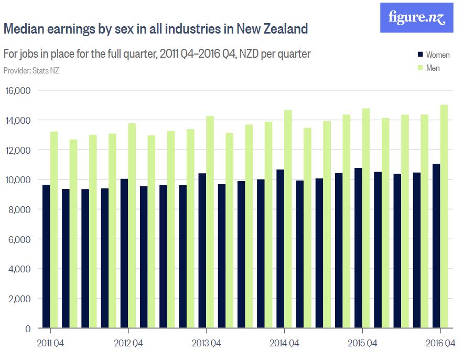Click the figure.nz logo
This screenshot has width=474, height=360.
[x=416, y=18]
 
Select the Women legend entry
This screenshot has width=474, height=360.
[x=437, y=55]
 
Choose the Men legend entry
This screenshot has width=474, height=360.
[x=433, y=68]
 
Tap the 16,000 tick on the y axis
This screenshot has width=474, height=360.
[x=18, y=91]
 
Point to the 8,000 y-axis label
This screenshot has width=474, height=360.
[x=20, y=210]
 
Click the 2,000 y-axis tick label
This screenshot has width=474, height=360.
[x=20, y=299]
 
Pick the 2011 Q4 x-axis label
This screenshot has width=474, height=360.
[x=51, y=344]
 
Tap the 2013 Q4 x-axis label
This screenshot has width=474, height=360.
[x=207, y=344]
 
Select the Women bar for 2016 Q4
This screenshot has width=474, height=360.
[x=436, y=246]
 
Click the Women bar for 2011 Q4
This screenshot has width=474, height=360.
[x=46, y=257]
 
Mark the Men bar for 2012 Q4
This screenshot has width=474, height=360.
[x=132, y=226]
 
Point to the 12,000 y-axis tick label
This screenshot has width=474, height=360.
[x=18, y=150]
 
